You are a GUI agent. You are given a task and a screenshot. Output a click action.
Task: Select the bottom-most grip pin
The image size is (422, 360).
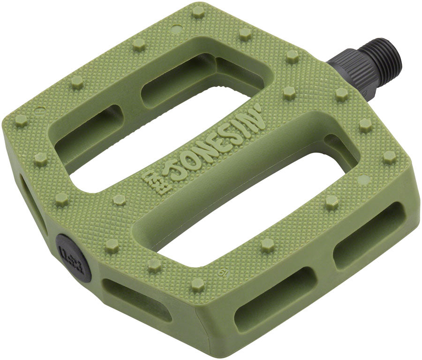coord(197,284)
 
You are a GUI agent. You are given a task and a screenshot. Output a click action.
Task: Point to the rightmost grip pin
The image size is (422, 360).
coord(389,157)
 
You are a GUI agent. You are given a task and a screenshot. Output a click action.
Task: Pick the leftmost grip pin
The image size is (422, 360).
coord(21,120)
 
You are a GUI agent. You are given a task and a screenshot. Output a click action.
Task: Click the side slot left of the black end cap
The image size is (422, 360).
coord(33,207)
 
